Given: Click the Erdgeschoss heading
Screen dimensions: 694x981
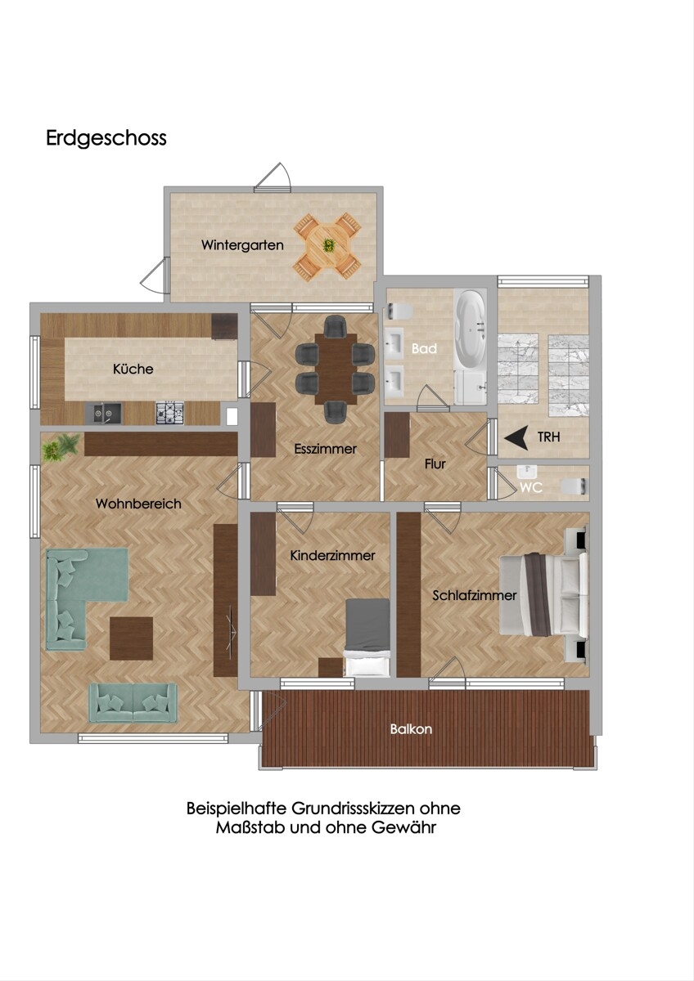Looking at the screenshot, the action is (x=106, y=138).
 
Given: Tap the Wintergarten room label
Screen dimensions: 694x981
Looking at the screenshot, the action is (x=242, y=245).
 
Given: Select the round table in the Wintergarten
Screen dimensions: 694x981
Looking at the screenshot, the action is (x=327, y=245).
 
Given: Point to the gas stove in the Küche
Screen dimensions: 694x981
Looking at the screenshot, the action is (x=170, y=413).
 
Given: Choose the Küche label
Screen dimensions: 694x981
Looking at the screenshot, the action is (x=133, y=369).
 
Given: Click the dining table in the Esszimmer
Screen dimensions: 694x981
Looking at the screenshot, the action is (x=336, y=369).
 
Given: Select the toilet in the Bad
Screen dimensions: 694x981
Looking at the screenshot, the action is (x=398, y=311).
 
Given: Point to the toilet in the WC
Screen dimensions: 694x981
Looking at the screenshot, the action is (x=575, y=486).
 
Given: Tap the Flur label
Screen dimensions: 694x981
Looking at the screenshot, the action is (x=435, y=464).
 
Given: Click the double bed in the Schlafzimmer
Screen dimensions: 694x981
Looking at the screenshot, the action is (x=543, y=595).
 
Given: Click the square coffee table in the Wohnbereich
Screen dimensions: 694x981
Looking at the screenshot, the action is (x=131, y=638).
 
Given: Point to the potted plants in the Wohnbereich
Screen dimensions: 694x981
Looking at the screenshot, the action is (x=61, y=446).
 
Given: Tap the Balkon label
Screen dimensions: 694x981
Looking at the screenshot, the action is (x=411, y=729).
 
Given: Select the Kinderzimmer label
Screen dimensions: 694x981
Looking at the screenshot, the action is (x=333, y=556).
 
